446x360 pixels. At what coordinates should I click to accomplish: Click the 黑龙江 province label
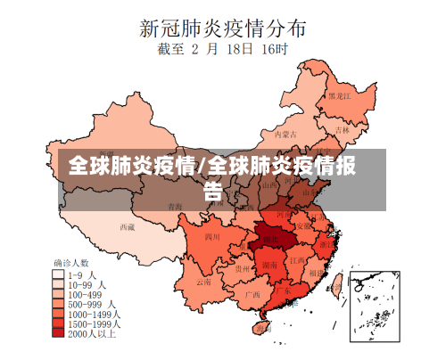pyautogui.click(x=339, y=95)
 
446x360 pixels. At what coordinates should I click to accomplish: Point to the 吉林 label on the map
pyautogui.click(x=343, y=128)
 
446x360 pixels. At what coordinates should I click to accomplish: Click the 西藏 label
pyautogui.click(x=128, y=226)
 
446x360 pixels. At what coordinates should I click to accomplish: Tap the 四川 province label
pyautogui.click(x=212, y=237)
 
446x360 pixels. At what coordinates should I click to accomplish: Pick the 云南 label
pyautogui.click(x=203, y=282)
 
